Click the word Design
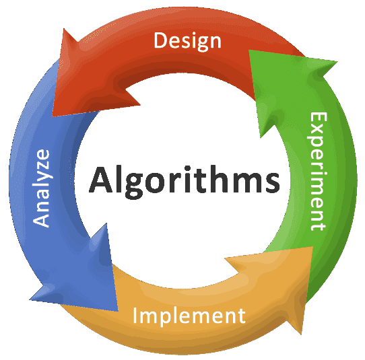[187, 42]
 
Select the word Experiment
[319, 172]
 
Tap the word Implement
[189, 316]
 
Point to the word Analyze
[41, 188]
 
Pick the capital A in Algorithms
[100, 180]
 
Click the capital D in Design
[161, 40]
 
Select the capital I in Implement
[135, 315]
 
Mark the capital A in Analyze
[41, 219]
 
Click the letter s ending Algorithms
[271, 183]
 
